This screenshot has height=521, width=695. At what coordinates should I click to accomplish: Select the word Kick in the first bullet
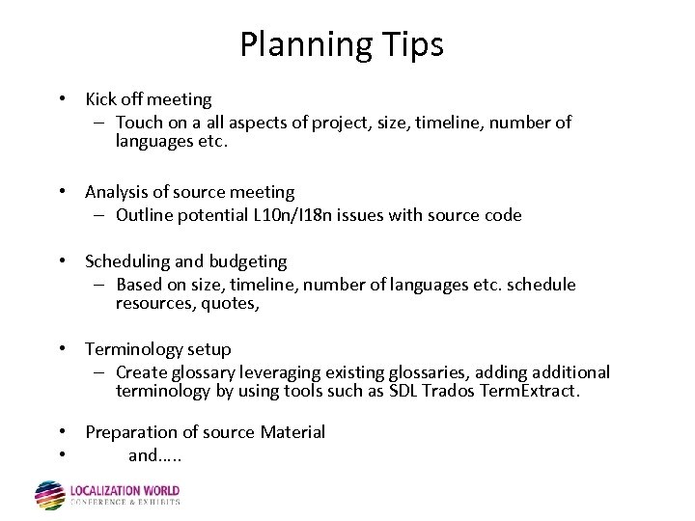101,98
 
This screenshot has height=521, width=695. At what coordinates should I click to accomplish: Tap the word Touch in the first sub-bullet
139,123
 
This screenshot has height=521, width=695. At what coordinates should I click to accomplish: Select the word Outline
145,215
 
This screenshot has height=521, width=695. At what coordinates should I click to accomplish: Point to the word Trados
445,391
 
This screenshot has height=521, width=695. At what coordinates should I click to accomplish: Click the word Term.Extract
531,391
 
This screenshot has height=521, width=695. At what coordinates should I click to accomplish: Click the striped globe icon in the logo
49,495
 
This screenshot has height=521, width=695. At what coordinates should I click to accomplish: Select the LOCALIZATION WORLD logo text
125,491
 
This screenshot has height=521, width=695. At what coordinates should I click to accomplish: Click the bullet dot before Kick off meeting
61,99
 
